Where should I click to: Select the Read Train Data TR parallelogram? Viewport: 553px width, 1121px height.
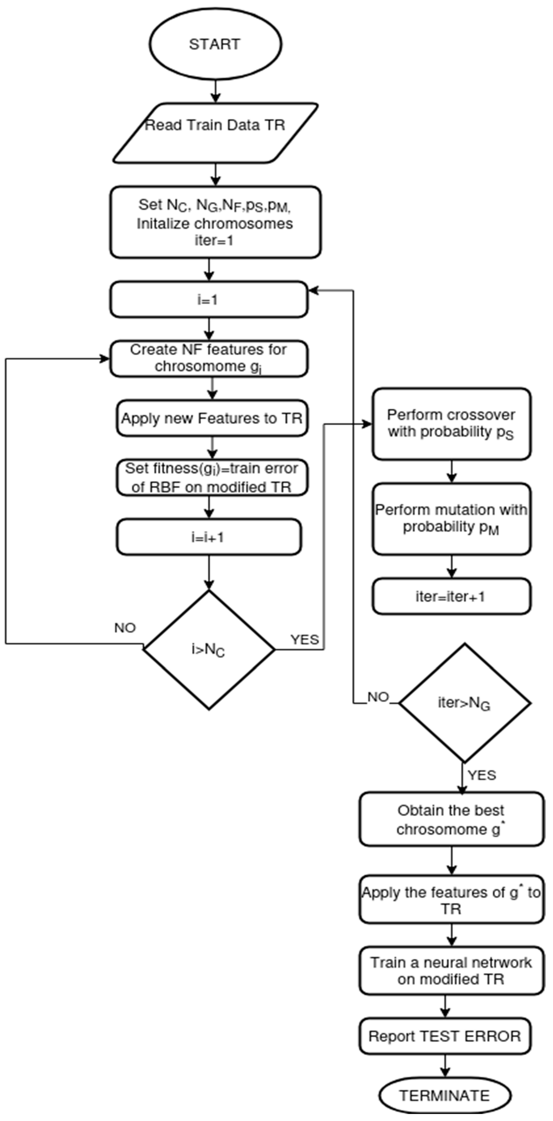[x=215, y=133]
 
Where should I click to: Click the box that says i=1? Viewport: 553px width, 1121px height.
[x=209, y=299]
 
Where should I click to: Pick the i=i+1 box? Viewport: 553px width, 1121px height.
[x=209, y=537]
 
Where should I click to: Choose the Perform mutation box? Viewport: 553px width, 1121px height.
[x=451, y=519]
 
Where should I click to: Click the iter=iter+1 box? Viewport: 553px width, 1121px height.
[x=451, y=596]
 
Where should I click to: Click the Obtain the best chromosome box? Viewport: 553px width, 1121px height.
[x=451, y=819]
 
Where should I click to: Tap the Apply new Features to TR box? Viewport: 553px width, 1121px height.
[x=212, y=418]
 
